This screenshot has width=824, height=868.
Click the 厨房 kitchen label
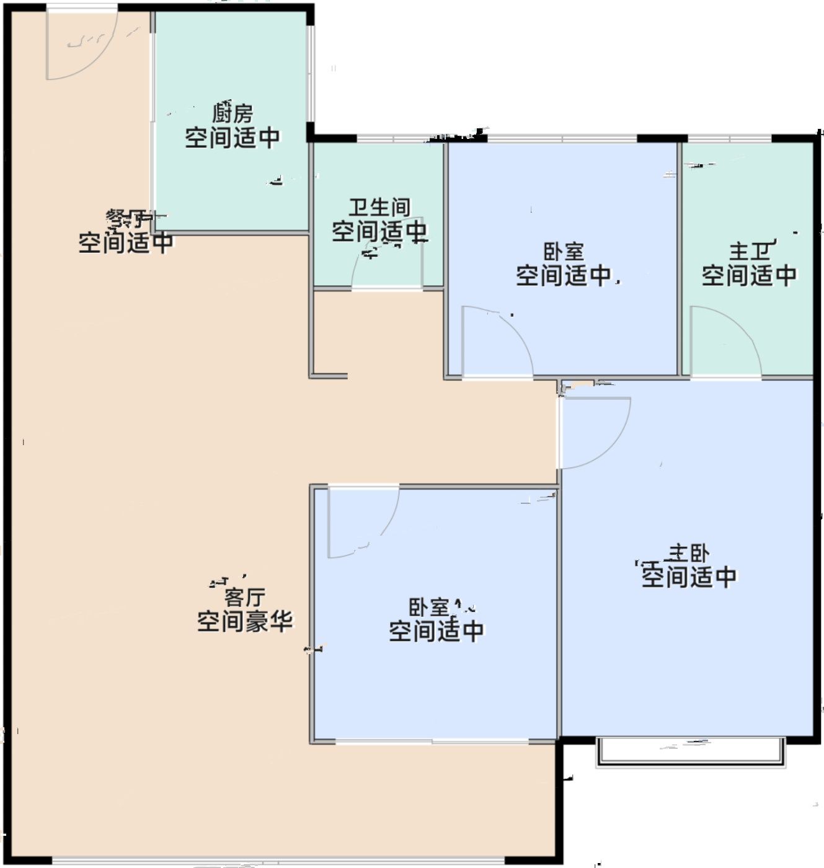[x=233, y=113]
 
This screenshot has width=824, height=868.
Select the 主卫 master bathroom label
[x=749, y=251]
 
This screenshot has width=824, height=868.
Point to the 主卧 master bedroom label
[x=688, y=552]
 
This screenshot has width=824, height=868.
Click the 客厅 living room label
[x=244, y=597]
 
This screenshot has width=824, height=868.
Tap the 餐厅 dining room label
[x=126, y=218]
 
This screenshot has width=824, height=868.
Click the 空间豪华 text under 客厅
[x=244, y=621]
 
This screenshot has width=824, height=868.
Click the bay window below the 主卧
[x=690, y=751]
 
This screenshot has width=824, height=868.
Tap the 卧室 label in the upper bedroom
[x=564, y=252]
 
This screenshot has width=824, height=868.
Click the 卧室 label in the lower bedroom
[x=428, y=606]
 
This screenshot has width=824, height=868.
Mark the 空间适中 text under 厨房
[x=233, y=137]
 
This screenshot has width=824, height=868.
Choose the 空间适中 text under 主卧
[x=688, y=577]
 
